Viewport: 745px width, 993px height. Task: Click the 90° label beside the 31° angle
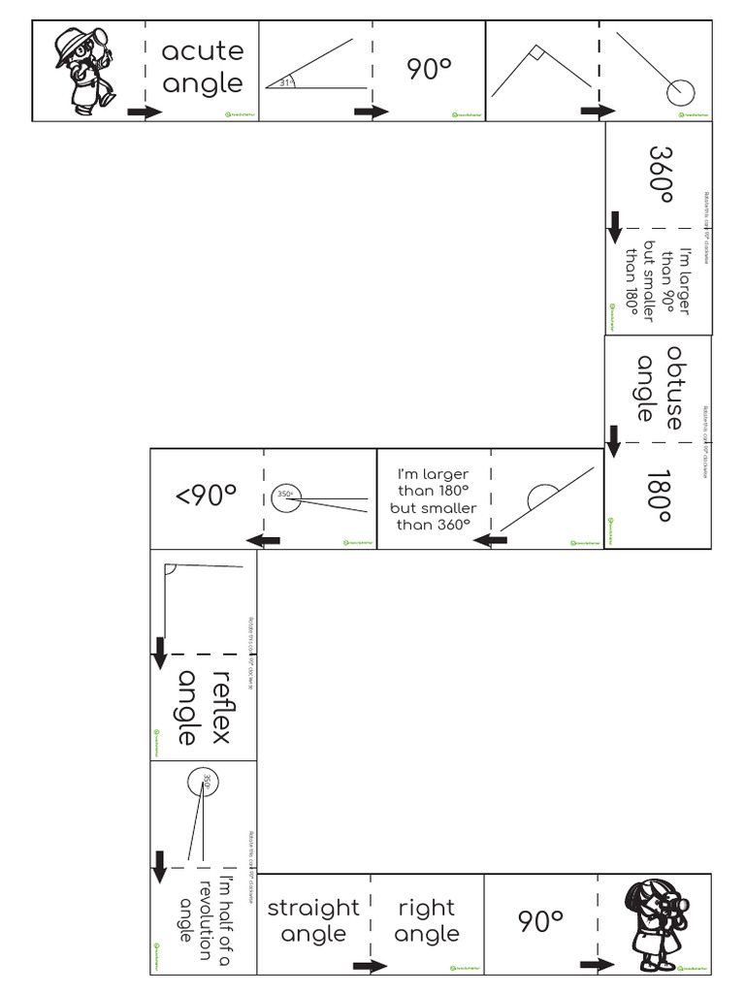point(429,69)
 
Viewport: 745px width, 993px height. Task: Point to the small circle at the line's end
point(680,91)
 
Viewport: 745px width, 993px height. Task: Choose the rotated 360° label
point(661,176)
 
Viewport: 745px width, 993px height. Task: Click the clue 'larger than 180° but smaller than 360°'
point(433,498)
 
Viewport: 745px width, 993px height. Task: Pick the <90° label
point(206,497)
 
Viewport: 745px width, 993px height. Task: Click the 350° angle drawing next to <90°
point(318,498)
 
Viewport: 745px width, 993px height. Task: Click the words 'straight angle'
point(312,920)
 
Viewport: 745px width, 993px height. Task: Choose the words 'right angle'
point(427,920)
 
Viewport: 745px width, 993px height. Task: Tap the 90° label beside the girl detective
point(540,919)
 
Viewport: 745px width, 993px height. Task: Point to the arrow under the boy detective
point(145,113)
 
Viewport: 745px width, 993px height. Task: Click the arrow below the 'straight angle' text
point(370,966)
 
